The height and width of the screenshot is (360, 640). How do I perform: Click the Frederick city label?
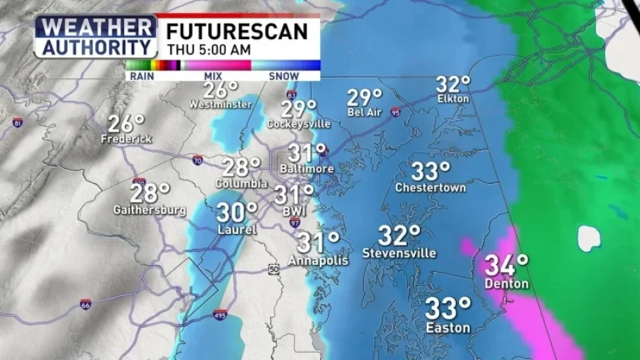coord(127,138)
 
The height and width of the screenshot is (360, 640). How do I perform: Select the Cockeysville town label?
coord(299,124)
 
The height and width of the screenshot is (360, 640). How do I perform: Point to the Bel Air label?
coord(365,112)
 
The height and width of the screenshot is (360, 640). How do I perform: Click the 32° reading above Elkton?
coord(453,85)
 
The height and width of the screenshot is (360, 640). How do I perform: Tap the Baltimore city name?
coord(307,169)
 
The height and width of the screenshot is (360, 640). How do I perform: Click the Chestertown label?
coord(430,187)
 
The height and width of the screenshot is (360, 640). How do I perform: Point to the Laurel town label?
coord(236,230)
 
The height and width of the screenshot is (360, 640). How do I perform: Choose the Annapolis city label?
coord(317,260)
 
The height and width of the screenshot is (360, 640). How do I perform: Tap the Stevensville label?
coord(399,253)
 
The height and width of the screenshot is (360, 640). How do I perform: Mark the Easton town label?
coord(448,328)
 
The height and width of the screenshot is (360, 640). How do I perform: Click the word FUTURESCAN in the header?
coord(236,31)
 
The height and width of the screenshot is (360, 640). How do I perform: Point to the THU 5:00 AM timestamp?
coord(208,49)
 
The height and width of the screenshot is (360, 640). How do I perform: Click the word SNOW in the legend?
coord(283,76)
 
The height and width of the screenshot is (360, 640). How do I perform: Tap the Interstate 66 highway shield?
coord(86,303)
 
